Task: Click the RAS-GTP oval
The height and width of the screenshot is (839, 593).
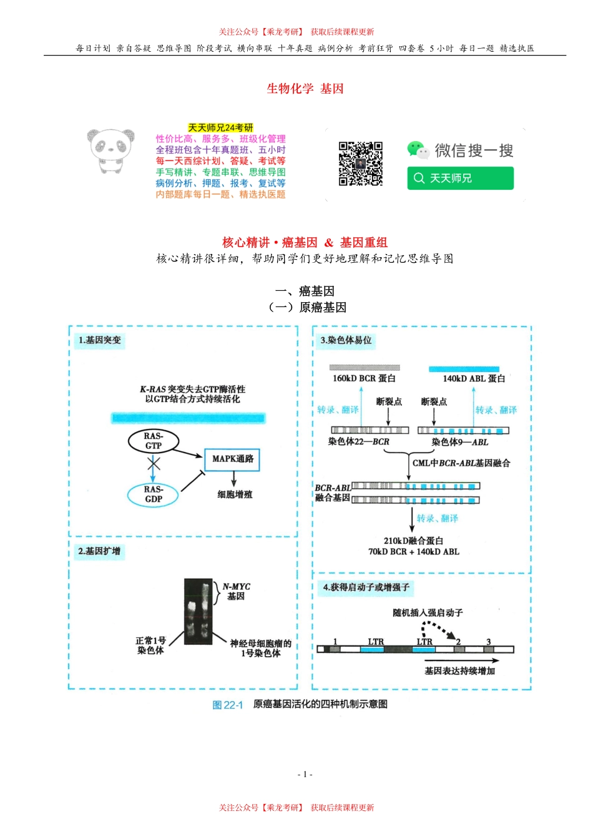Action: point(153,441)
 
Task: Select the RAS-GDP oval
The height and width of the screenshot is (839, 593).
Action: point(153,494)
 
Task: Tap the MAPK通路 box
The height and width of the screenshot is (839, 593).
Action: point(232,459)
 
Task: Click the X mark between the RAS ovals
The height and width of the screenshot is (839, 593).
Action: point(154,463)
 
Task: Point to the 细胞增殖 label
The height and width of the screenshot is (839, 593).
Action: point(235,494)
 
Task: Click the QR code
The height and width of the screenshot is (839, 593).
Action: point(360,164)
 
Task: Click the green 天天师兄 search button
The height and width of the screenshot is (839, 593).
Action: point(460,179)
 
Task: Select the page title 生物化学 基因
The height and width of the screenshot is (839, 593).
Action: point(305,89)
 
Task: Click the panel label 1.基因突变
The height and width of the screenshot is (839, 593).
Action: point(100,340)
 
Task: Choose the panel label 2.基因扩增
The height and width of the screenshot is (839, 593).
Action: point(100,551)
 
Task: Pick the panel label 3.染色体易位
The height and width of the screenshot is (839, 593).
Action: point(346,340)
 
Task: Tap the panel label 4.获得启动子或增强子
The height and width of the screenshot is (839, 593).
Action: point(366,587)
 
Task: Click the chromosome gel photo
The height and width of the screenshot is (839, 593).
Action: point(198,612)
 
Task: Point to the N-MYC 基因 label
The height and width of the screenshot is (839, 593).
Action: point(237,591)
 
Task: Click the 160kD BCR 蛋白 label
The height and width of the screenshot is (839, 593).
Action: point(364,378)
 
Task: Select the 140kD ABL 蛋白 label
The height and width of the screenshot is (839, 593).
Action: point(474,378)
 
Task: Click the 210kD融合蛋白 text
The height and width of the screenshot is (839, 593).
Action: point(413,541)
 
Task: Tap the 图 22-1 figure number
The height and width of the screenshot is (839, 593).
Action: point(227,705)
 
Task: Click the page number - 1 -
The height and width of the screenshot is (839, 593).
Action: point(305,774)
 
